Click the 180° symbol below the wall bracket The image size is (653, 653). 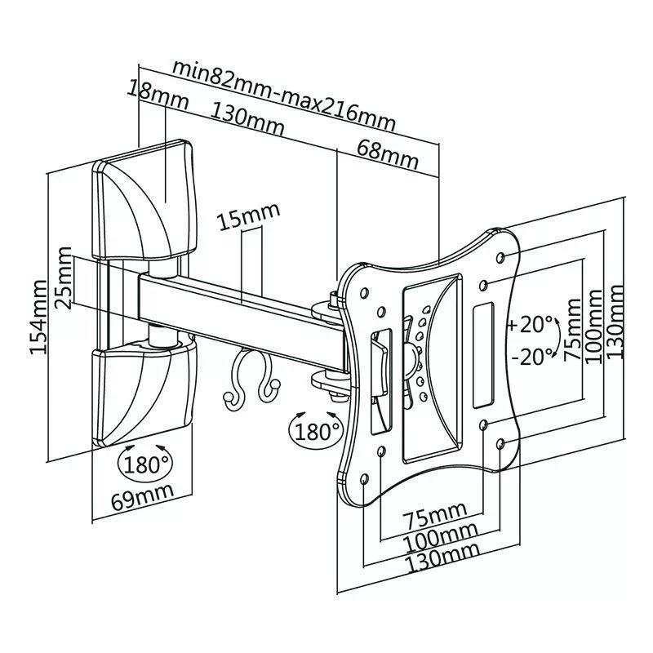pos(147,463)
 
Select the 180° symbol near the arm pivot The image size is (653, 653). pos(315,429)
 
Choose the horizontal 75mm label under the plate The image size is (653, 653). pos(437,515)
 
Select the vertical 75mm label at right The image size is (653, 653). pos(571,326)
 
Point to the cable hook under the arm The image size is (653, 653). pos(249,380)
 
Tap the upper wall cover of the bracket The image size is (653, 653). pos(147,200)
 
